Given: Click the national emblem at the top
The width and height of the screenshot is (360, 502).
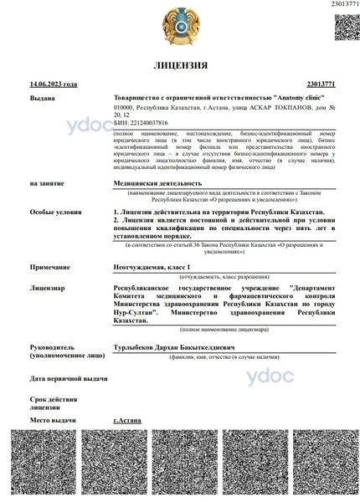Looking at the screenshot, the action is (x=180, y=23).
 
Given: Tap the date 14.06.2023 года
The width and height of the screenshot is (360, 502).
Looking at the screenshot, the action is (x=53, y=85).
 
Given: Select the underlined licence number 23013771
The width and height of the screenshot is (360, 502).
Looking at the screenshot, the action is (x=321, y=85).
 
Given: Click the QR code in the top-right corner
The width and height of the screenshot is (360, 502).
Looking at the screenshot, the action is (x=346, y=26).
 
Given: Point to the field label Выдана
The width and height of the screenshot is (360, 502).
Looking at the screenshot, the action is (x=43, y=98).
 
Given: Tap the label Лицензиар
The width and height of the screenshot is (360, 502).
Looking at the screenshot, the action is (x=49, y=289).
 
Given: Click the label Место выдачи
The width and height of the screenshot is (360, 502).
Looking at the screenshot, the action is (x=53, y=419).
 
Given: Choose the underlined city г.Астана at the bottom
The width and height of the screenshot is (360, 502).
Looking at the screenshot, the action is (x=126, y=419).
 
